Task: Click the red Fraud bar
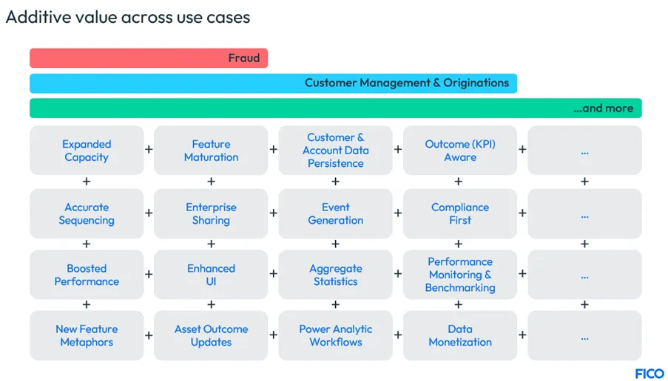coord(148,58)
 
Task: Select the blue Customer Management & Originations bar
coord(273,83)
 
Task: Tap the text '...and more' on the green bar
coord(603,109)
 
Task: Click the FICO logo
coord(649,373)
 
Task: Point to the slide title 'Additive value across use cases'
coord(128,17)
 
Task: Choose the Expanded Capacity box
coord(87,151)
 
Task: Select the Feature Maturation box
coord(211,151)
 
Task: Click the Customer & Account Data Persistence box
coord(335,151)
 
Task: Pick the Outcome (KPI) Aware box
coord(460,151)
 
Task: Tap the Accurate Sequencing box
coord(87,213)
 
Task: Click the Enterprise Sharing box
coord(211,213)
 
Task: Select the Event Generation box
coord(335,213)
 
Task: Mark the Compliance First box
coord(460,213)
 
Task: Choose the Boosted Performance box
coord(87,275)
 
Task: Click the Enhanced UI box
coord(211,275)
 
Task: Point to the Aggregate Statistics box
coord(335,275)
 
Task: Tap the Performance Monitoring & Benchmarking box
coord(460,275)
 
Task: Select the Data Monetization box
coord(460,336)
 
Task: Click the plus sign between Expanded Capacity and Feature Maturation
coord(149,150)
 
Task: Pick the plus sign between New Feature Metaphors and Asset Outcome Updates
coord(149,336)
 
